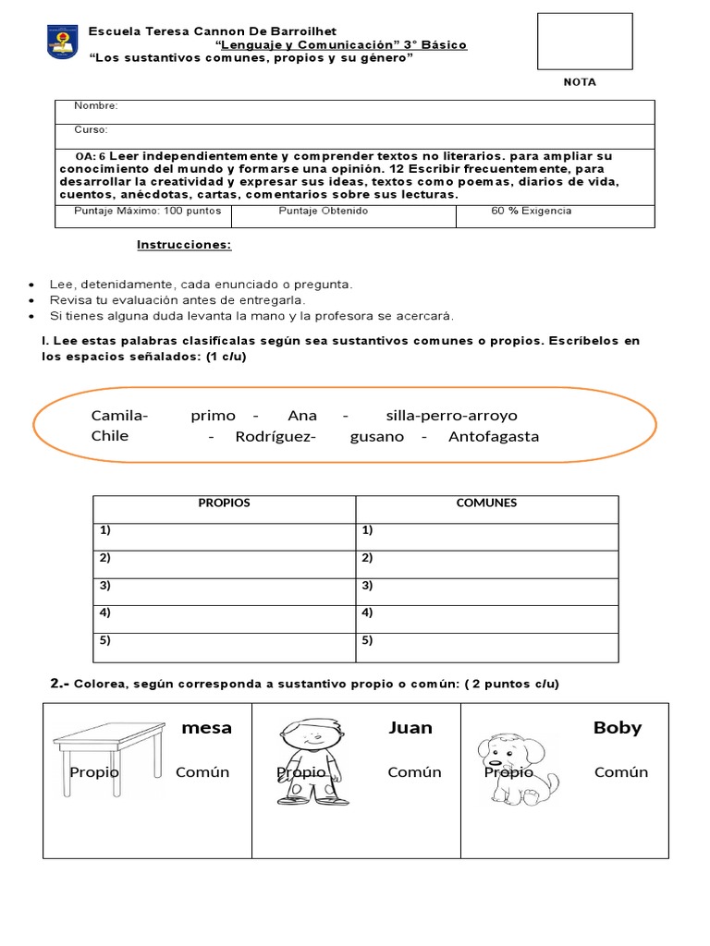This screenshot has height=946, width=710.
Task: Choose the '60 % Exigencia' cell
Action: (x=531, y=212)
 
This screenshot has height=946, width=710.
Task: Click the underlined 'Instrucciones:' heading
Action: (x=184, y=245)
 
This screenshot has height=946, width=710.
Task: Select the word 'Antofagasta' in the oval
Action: (x=493, y=437)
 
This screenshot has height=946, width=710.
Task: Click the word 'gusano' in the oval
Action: (x=377, y=437)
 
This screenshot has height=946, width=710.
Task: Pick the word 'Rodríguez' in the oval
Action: (x=275, y=437)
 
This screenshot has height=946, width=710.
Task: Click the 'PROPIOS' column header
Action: (x=224, y=503)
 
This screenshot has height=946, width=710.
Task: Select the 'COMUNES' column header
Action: (x=486, y=503)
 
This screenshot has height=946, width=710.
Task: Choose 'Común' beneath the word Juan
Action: (x=414, y=772)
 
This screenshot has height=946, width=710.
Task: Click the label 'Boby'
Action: (x=617, y=728)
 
